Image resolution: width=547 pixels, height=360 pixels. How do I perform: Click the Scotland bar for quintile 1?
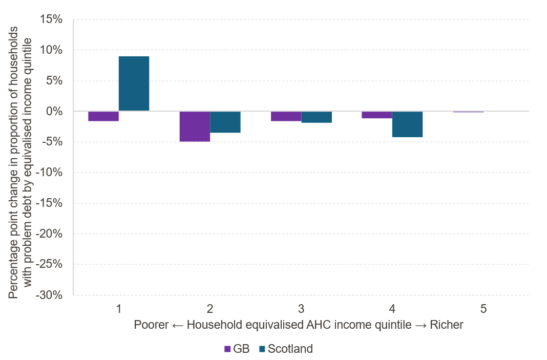pyautogui.click(x=134, y=83)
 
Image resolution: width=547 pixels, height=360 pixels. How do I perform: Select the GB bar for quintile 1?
pyautogui.click(x=103, y=116)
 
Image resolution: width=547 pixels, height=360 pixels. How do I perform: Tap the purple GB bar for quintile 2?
pyautogui.click(x=195, y=126)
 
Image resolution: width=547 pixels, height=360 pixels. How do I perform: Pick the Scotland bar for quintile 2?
pyautogui.click(x=225, y=122)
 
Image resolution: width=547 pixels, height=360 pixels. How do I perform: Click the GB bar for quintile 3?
pyautogui.click(x=286, y=116)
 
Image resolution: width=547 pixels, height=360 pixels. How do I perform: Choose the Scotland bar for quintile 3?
pyautogui.click(x=316, y=117)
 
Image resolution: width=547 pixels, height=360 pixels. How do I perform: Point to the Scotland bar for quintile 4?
pyautogui.click(x=407, y=124)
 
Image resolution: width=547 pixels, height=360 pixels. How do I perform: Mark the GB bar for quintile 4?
pyautogui.click(x=377, y=115)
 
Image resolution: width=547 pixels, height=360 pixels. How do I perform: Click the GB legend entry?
pyautogui.click(x=237, y=349)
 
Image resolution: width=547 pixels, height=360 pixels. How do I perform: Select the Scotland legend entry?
pyautogui.click(x=286, y=349)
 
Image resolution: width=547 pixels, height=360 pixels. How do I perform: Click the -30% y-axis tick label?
pyautogui.click(x=50, y=295)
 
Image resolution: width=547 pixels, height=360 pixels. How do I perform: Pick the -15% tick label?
pyautogui.click(x=50, y=203)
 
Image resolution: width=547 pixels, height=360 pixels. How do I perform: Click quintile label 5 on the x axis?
pyautogui.click(x=483, y=309)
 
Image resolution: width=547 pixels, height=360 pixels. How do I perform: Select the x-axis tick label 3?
pyautogui.click(x=301, y=309)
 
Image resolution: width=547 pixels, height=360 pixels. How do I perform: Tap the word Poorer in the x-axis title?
pyautogui.click(x=151, y=326)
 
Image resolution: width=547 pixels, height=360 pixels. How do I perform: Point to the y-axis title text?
pyautogui.click(x=20, y=157)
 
